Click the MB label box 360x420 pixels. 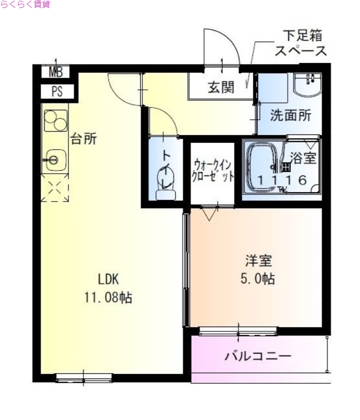click(56, 73)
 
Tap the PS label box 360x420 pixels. click(56, 91)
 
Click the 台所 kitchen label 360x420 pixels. click(84, 139)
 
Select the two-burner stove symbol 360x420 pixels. click(55, 121)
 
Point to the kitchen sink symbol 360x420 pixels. click(54, 159)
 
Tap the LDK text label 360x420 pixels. click(108, 279)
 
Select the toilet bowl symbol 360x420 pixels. click(166, 185)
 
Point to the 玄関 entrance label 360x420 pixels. click(220, 87)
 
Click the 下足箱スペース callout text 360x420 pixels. click(301, 44)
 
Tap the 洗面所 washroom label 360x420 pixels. click(291, 116)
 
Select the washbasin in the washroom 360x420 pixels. click(308, 83)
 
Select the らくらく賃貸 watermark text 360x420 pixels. click(25, 5)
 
